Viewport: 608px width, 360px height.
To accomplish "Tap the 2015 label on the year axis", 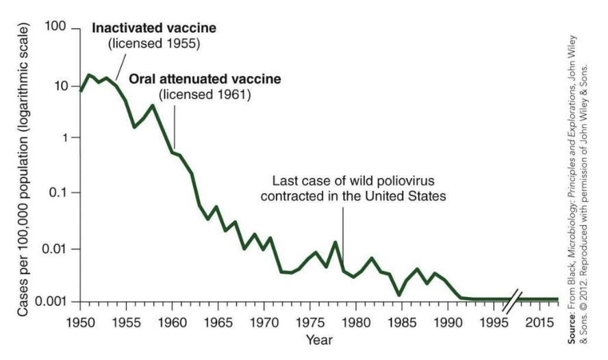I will pos(546,320).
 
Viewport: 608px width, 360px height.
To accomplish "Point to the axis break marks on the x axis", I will pos(516,300).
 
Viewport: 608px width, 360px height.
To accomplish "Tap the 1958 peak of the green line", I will pos(153,105).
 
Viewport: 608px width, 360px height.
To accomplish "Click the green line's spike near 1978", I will pos(335,242).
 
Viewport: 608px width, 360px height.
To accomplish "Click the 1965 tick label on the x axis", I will pos(220,320).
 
